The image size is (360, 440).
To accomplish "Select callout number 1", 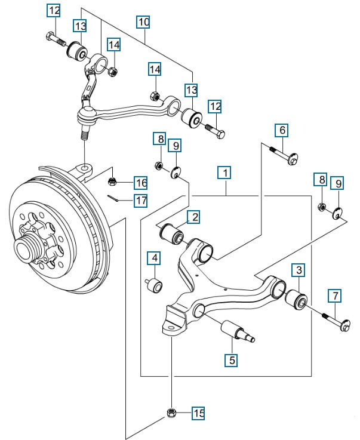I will pos(224,174).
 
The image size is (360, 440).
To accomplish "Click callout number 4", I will pos(155,259).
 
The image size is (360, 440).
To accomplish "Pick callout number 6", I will pos(282,130).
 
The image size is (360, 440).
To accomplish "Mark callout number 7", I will pos(335,295).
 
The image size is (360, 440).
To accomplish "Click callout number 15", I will pos(198,413).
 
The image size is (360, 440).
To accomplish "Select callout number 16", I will pos(140,182).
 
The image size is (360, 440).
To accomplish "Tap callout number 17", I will pos(140,201).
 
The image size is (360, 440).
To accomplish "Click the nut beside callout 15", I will pos(171,412).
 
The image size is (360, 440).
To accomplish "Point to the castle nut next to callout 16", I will pos(112,181).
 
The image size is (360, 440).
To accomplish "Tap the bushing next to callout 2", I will pos(174,233).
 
